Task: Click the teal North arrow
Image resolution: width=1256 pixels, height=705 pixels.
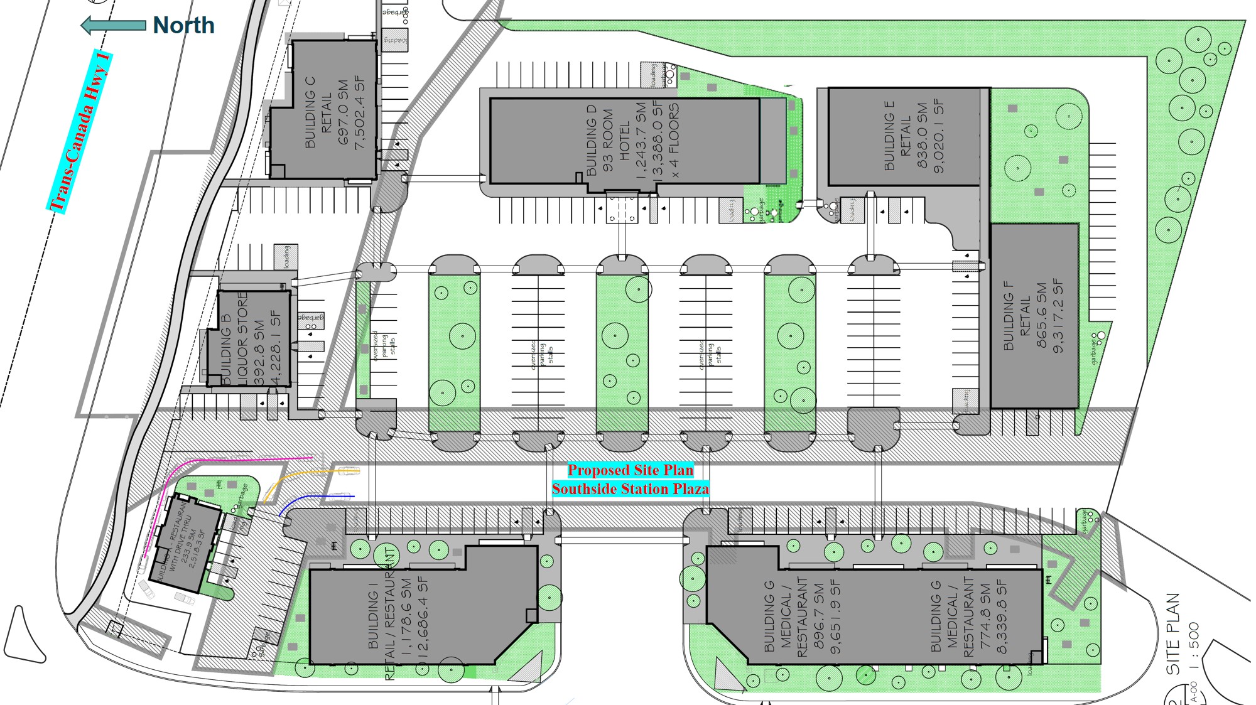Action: [113, 25]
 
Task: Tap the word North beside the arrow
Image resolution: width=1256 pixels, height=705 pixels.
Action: [183, 25]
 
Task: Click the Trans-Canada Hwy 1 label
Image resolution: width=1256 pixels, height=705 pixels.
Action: [80, 132]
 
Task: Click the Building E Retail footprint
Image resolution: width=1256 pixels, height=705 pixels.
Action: [904, 136]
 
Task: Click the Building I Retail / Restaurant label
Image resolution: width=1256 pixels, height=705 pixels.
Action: [389, 615]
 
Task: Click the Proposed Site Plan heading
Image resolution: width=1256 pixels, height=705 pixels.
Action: [631, 470]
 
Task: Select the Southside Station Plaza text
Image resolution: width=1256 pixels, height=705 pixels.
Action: [631, 489]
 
